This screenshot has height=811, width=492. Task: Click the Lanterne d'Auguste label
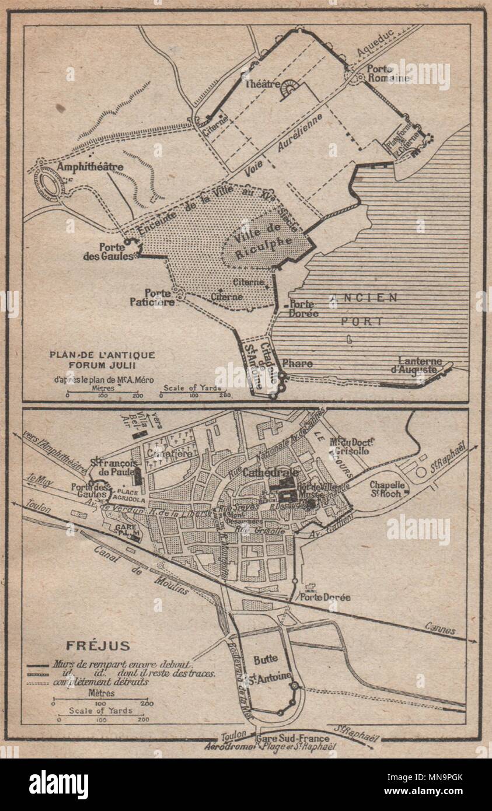[x=420, y=365]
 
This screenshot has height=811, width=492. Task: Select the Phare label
[x=297, y=363]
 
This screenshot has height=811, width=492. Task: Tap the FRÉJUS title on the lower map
[x=89, y=646]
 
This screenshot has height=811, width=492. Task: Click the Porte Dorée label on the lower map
[x=324, y=597]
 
